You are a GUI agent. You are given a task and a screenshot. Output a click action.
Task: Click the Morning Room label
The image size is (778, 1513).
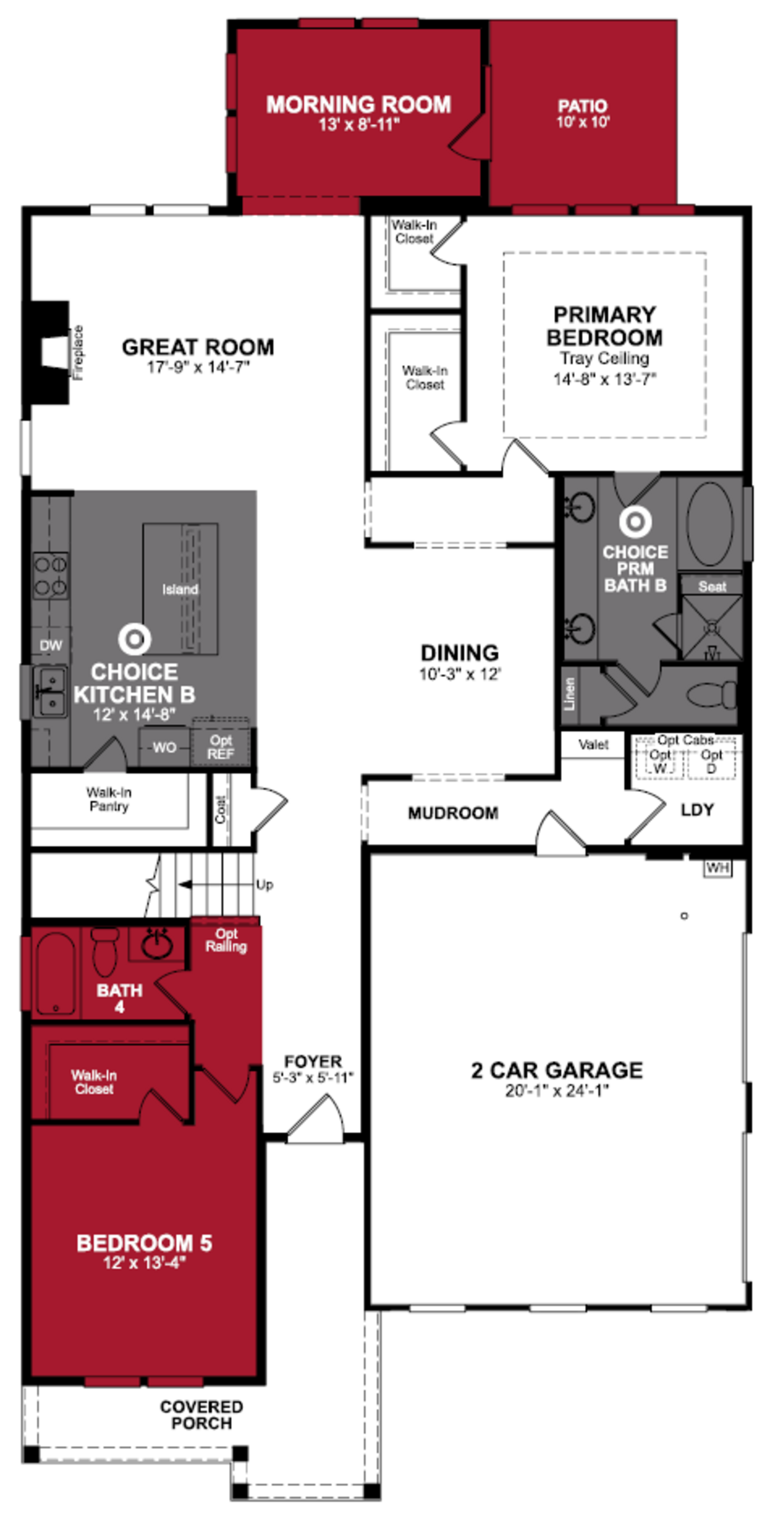click(358, 105)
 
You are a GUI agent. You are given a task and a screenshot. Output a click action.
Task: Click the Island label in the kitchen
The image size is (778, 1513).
click(180, 589)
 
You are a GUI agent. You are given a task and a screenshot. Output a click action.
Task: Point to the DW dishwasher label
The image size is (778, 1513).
click(50, 645)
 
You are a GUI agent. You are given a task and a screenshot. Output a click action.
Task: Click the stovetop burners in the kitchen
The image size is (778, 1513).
click(50, 576)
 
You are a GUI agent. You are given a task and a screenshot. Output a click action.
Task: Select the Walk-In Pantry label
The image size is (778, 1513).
click(109, 799)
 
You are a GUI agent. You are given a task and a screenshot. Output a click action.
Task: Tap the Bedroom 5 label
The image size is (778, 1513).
click(144, 1243)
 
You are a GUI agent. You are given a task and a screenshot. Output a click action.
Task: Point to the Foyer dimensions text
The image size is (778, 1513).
click(313, 1077)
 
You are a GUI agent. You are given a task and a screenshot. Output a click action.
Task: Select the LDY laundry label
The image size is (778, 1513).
click(697, 810)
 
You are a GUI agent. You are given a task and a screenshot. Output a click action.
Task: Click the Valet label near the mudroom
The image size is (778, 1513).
click(593, 745)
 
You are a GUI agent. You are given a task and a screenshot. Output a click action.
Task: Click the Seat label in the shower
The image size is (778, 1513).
click(712, 586)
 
